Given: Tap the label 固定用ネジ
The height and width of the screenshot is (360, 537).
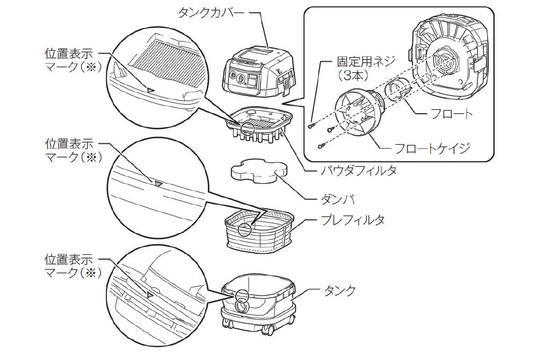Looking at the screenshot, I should pyautogui.click(x=359, y=63).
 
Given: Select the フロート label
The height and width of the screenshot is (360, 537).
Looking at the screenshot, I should pyautogui.click(x=452, y=114).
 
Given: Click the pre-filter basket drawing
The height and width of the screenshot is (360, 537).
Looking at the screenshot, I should pyautogui.click(x=259, y=231).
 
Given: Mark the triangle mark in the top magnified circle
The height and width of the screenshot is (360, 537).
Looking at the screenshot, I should pyautogui.click(x=151, y=89).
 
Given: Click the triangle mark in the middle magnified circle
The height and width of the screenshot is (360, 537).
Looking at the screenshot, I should pyautogui.click(x=158, y=183).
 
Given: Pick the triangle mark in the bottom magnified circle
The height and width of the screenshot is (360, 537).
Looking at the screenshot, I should pyautogui.click(x=151, y=294).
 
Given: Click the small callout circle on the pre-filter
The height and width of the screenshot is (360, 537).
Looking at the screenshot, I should pyautogui.click(x=245, y=230).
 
